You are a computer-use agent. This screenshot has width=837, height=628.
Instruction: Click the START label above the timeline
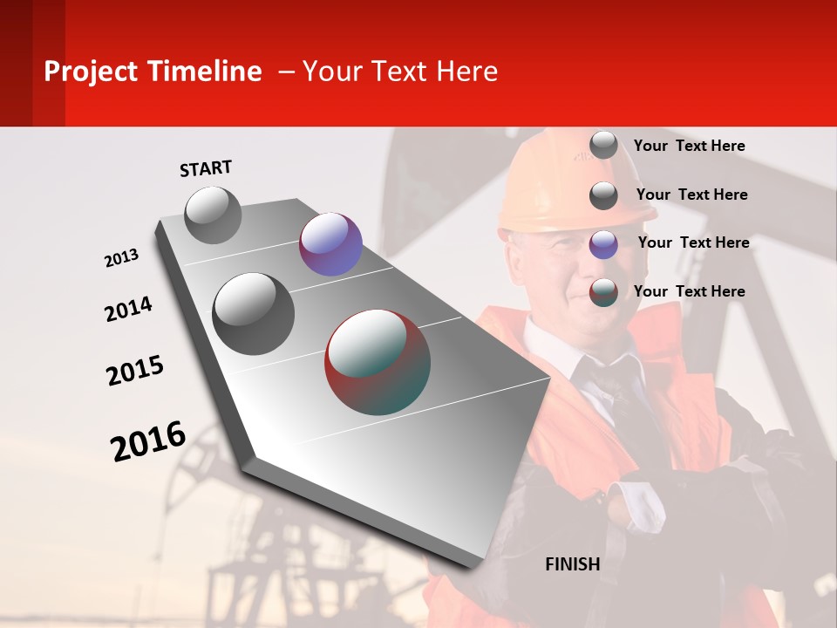pos(206,168)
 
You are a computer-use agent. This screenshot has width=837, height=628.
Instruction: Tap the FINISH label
pos(572,564)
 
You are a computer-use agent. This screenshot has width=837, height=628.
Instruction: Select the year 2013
pos(121,258)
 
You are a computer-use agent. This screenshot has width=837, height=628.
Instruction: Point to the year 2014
pos(128,310)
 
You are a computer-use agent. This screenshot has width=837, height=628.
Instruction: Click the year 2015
pos(135,371)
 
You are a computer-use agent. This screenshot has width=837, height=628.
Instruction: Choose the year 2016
pos(148,441)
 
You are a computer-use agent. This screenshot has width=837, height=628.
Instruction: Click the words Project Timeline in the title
pos(153,72)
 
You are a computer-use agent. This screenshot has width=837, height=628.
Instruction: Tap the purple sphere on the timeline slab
pos(330,244)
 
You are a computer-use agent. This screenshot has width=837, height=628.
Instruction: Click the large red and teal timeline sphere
pos(378,362)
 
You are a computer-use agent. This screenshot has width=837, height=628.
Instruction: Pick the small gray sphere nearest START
pos(214,215)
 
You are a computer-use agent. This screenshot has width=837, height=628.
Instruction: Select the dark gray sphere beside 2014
pos(254,314)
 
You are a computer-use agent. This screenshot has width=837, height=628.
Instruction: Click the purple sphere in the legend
pos(603,244)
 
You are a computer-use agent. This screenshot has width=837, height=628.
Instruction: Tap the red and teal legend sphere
pos(603,293)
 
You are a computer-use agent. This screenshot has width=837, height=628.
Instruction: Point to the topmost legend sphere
pos(603,146)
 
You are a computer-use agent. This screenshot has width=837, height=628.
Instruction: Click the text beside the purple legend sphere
pos(693,242)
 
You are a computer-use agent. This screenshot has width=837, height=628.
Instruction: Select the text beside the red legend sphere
pos(689,291)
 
